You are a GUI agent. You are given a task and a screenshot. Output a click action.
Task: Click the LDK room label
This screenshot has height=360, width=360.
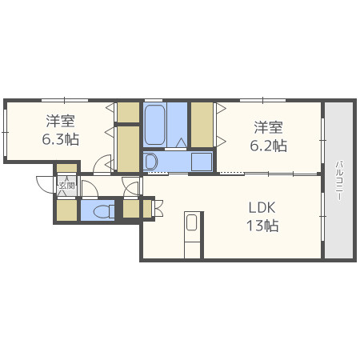pyautogui.click(x=262, y=208)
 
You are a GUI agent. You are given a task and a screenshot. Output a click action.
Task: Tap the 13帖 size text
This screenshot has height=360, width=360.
pyautogui.click(x=262, y=226)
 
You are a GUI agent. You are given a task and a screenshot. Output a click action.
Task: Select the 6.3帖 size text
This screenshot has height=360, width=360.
pyautogui.click(x=61, y=139)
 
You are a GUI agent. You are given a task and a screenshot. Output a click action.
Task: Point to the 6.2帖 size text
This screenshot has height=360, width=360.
pyautogui.click(x=268, y=146)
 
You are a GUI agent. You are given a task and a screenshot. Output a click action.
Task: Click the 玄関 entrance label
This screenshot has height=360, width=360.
pyautogui.click(x=66, y=185)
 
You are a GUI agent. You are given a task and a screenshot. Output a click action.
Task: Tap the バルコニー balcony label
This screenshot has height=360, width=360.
pyautogui.click(x=339, y=180)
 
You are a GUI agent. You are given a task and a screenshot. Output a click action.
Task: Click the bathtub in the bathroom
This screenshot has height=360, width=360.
pyautogui.click(x=154, y=125)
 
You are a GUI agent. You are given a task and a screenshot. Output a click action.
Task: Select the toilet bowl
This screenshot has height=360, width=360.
pyautogui.click(x=104, y=212)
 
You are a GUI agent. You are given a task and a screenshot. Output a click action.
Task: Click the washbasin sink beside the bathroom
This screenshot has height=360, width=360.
pyautogui.click(x=150, y=162)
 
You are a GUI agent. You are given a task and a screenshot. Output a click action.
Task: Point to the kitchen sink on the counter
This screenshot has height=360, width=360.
pyautogui.click(x=192, y=222)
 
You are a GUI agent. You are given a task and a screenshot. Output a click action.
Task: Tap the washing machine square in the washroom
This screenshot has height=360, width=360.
pyautogui.click(x=202, y=162)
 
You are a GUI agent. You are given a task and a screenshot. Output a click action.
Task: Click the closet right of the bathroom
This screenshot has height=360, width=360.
pyautogui.click(x=202, y=125)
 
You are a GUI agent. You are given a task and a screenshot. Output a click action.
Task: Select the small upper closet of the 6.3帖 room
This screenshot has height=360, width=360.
pyautogui.click(x=128, y=112)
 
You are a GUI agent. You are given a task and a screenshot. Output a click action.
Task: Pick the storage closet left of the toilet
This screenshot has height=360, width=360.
pyautogui.click(x=66, y=210)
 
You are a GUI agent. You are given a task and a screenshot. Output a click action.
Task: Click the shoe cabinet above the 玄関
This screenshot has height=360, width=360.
pyautogui.click(x=66, y=168)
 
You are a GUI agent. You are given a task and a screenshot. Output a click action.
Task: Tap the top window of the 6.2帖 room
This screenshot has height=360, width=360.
pyautogui.click(x=262, y=100)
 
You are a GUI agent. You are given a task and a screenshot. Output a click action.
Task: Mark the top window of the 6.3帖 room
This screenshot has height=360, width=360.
pyautogui.click(x=65, y=100)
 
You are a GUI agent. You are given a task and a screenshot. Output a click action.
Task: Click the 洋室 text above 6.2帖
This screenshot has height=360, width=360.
pyautogui.click(x=268, y=127)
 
